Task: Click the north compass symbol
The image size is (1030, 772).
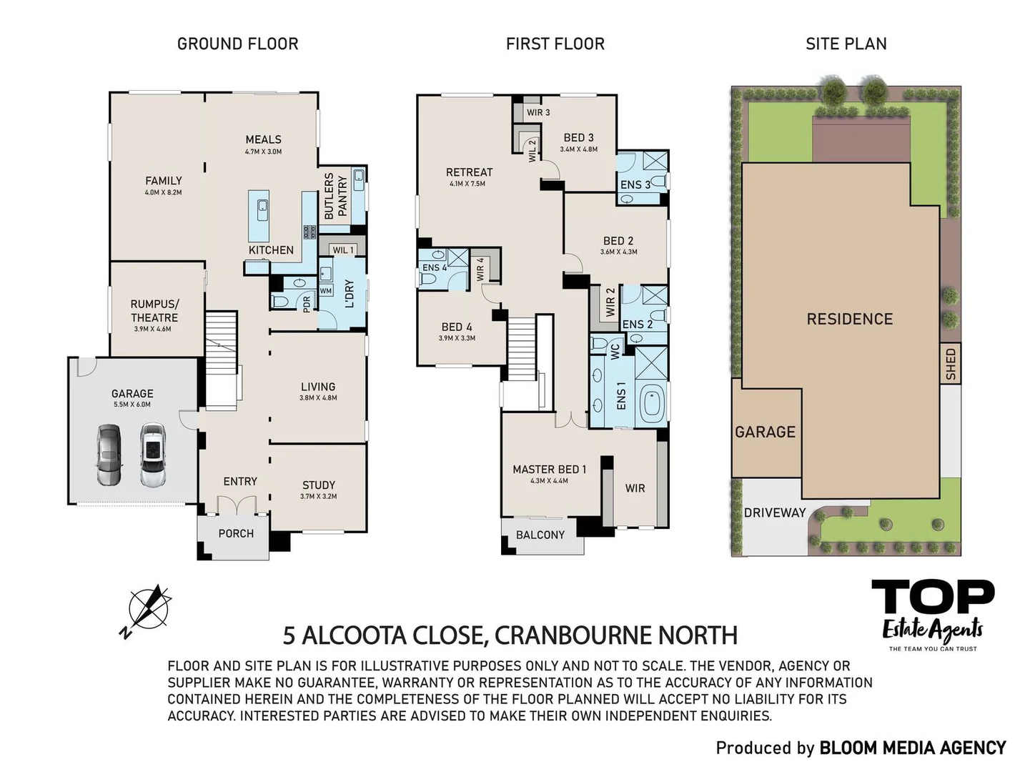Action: pos(147,610)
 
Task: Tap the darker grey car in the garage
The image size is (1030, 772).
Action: pos(109,454)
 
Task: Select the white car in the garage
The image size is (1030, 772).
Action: pos(152,455)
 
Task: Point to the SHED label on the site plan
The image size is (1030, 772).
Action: pos(950,364)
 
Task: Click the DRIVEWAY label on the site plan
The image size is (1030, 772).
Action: pos(775,513)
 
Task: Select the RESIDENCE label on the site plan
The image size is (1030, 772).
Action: pos(849,319)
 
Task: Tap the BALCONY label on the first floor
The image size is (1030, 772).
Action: pos(540,535)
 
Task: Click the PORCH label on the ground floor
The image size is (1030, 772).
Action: pos(236,533)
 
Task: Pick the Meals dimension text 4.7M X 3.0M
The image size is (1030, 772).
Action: pos(263,152)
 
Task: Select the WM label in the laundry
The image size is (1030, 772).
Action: pos(326,291)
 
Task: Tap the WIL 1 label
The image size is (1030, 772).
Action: pos(343,250)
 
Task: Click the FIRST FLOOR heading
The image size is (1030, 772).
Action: pos(555,44)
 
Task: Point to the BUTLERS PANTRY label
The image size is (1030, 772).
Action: pos(335,196)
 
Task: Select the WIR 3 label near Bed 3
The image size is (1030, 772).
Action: pos(538,113)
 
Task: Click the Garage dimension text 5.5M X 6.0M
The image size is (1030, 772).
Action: pos(132,404)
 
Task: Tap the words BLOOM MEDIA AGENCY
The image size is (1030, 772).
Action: pos(913,748)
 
